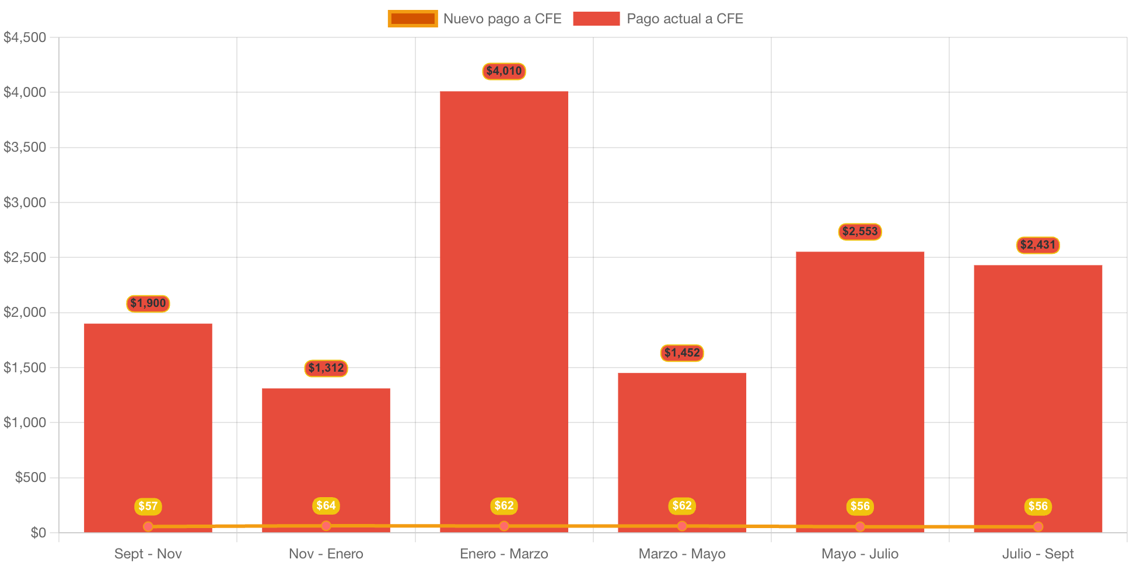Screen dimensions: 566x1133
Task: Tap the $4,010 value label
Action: (503, 71)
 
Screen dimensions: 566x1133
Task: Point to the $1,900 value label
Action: (148, 303)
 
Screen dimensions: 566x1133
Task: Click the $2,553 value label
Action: (860, 232)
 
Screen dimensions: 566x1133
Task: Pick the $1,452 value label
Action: (681, 353)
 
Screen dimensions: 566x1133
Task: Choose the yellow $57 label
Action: (148, 506)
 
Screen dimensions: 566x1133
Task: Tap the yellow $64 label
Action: (326, 506)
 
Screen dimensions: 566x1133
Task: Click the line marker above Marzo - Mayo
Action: (681, 526)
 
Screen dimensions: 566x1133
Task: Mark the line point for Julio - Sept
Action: (1038, 526)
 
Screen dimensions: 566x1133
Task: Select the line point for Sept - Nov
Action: (148, 526)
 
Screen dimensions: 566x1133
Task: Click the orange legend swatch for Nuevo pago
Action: (412, 19)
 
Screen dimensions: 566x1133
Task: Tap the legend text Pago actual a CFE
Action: (684, 19)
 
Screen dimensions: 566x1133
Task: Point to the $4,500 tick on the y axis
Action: (25, 37)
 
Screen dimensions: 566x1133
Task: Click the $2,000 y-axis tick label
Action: (25, 312)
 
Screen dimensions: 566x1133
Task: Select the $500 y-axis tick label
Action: (30, 477)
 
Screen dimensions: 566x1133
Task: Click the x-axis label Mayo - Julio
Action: (860, 554)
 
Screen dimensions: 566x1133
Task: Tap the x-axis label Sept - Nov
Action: (148, 554)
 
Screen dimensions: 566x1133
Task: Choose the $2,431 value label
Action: (1038, 245)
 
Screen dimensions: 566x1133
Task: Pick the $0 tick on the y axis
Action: (39, 532)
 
